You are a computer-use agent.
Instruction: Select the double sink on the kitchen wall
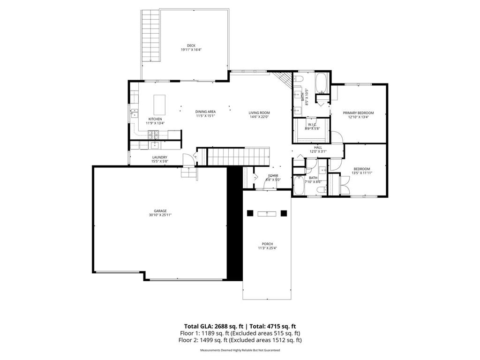click(x=134, y=113)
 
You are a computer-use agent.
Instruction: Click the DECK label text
click(x=191, y=45)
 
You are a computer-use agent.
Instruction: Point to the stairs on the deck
click(x=150, y=35)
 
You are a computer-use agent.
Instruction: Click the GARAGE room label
click(x=161, y=211)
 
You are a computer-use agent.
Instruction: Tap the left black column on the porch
click(x=250, y=213)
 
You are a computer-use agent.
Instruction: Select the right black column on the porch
click(x=284, y=213)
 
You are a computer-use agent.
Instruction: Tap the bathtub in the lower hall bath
click(x=299, y=186)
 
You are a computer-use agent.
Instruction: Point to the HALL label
click(x=318, y=147)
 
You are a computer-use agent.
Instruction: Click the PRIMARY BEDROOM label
click(x=358, y=113)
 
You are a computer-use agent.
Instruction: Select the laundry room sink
click(x=153, y=145)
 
